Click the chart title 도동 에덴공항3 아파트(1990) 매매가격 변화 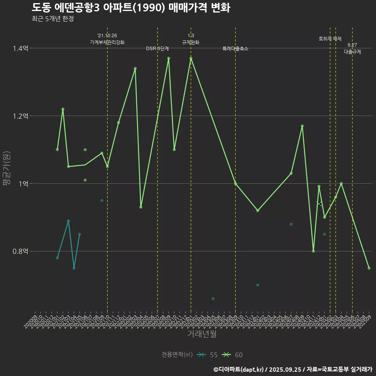point(131,8)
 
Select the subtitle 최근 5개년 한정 point(52,19)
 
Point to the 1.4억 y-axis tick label point(20,49)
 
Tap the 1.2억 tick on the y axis point(20,116)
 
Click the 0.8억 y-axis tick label point(20,251)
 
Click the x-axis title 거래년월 point(202,334)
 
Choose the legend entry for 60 point(233,355)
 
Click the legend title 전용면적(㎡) point(177,355)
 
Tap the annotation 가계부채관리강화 point(107,42)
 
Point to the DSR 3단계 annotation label point(157,49)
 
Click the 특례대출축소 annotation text point(235,49)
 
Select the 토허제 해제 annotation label point(330,39)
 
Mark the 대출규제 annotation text point(352,51)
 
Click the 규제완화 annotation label point(191,42)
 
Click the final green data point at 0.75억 point(369,268)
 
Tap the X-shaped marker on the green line point(319,204)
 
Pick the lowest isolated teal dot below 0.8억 point(213,298)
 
